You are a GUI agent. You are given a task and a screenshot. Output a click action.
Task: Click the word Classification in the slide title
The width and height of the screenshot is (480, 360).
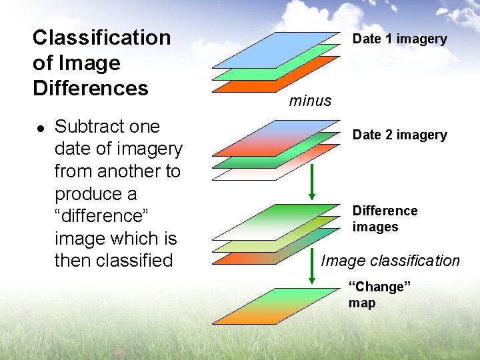(x=101, y=38)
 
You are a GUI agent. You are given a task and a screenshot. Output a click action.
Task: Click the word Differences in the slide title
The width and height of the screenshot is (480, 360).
(x=90, y=88)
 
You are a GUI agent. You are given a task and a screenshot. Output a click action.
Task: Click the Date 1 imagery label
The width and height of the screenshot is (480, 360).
(x=399, y=39)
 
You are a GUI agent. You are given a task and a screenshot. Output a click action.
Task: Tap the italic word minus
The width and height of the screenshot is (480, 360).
(x=310, y=101)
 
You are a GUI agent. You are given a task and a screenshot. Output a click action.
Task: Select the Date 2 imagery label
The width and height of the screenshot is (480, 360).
(x=399, y=135)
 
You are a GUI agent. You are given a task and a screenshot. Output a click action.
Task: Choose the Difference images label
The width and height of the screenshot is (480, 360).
(x=385, y=219)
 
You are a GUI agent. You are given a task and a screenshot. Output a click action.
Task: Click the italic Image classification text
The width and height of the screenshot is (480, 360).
(x=390, y=261)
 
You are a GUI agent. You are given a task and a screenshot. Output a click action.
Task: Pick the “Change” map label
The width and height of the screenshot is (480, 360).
(x=378, y=295)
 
